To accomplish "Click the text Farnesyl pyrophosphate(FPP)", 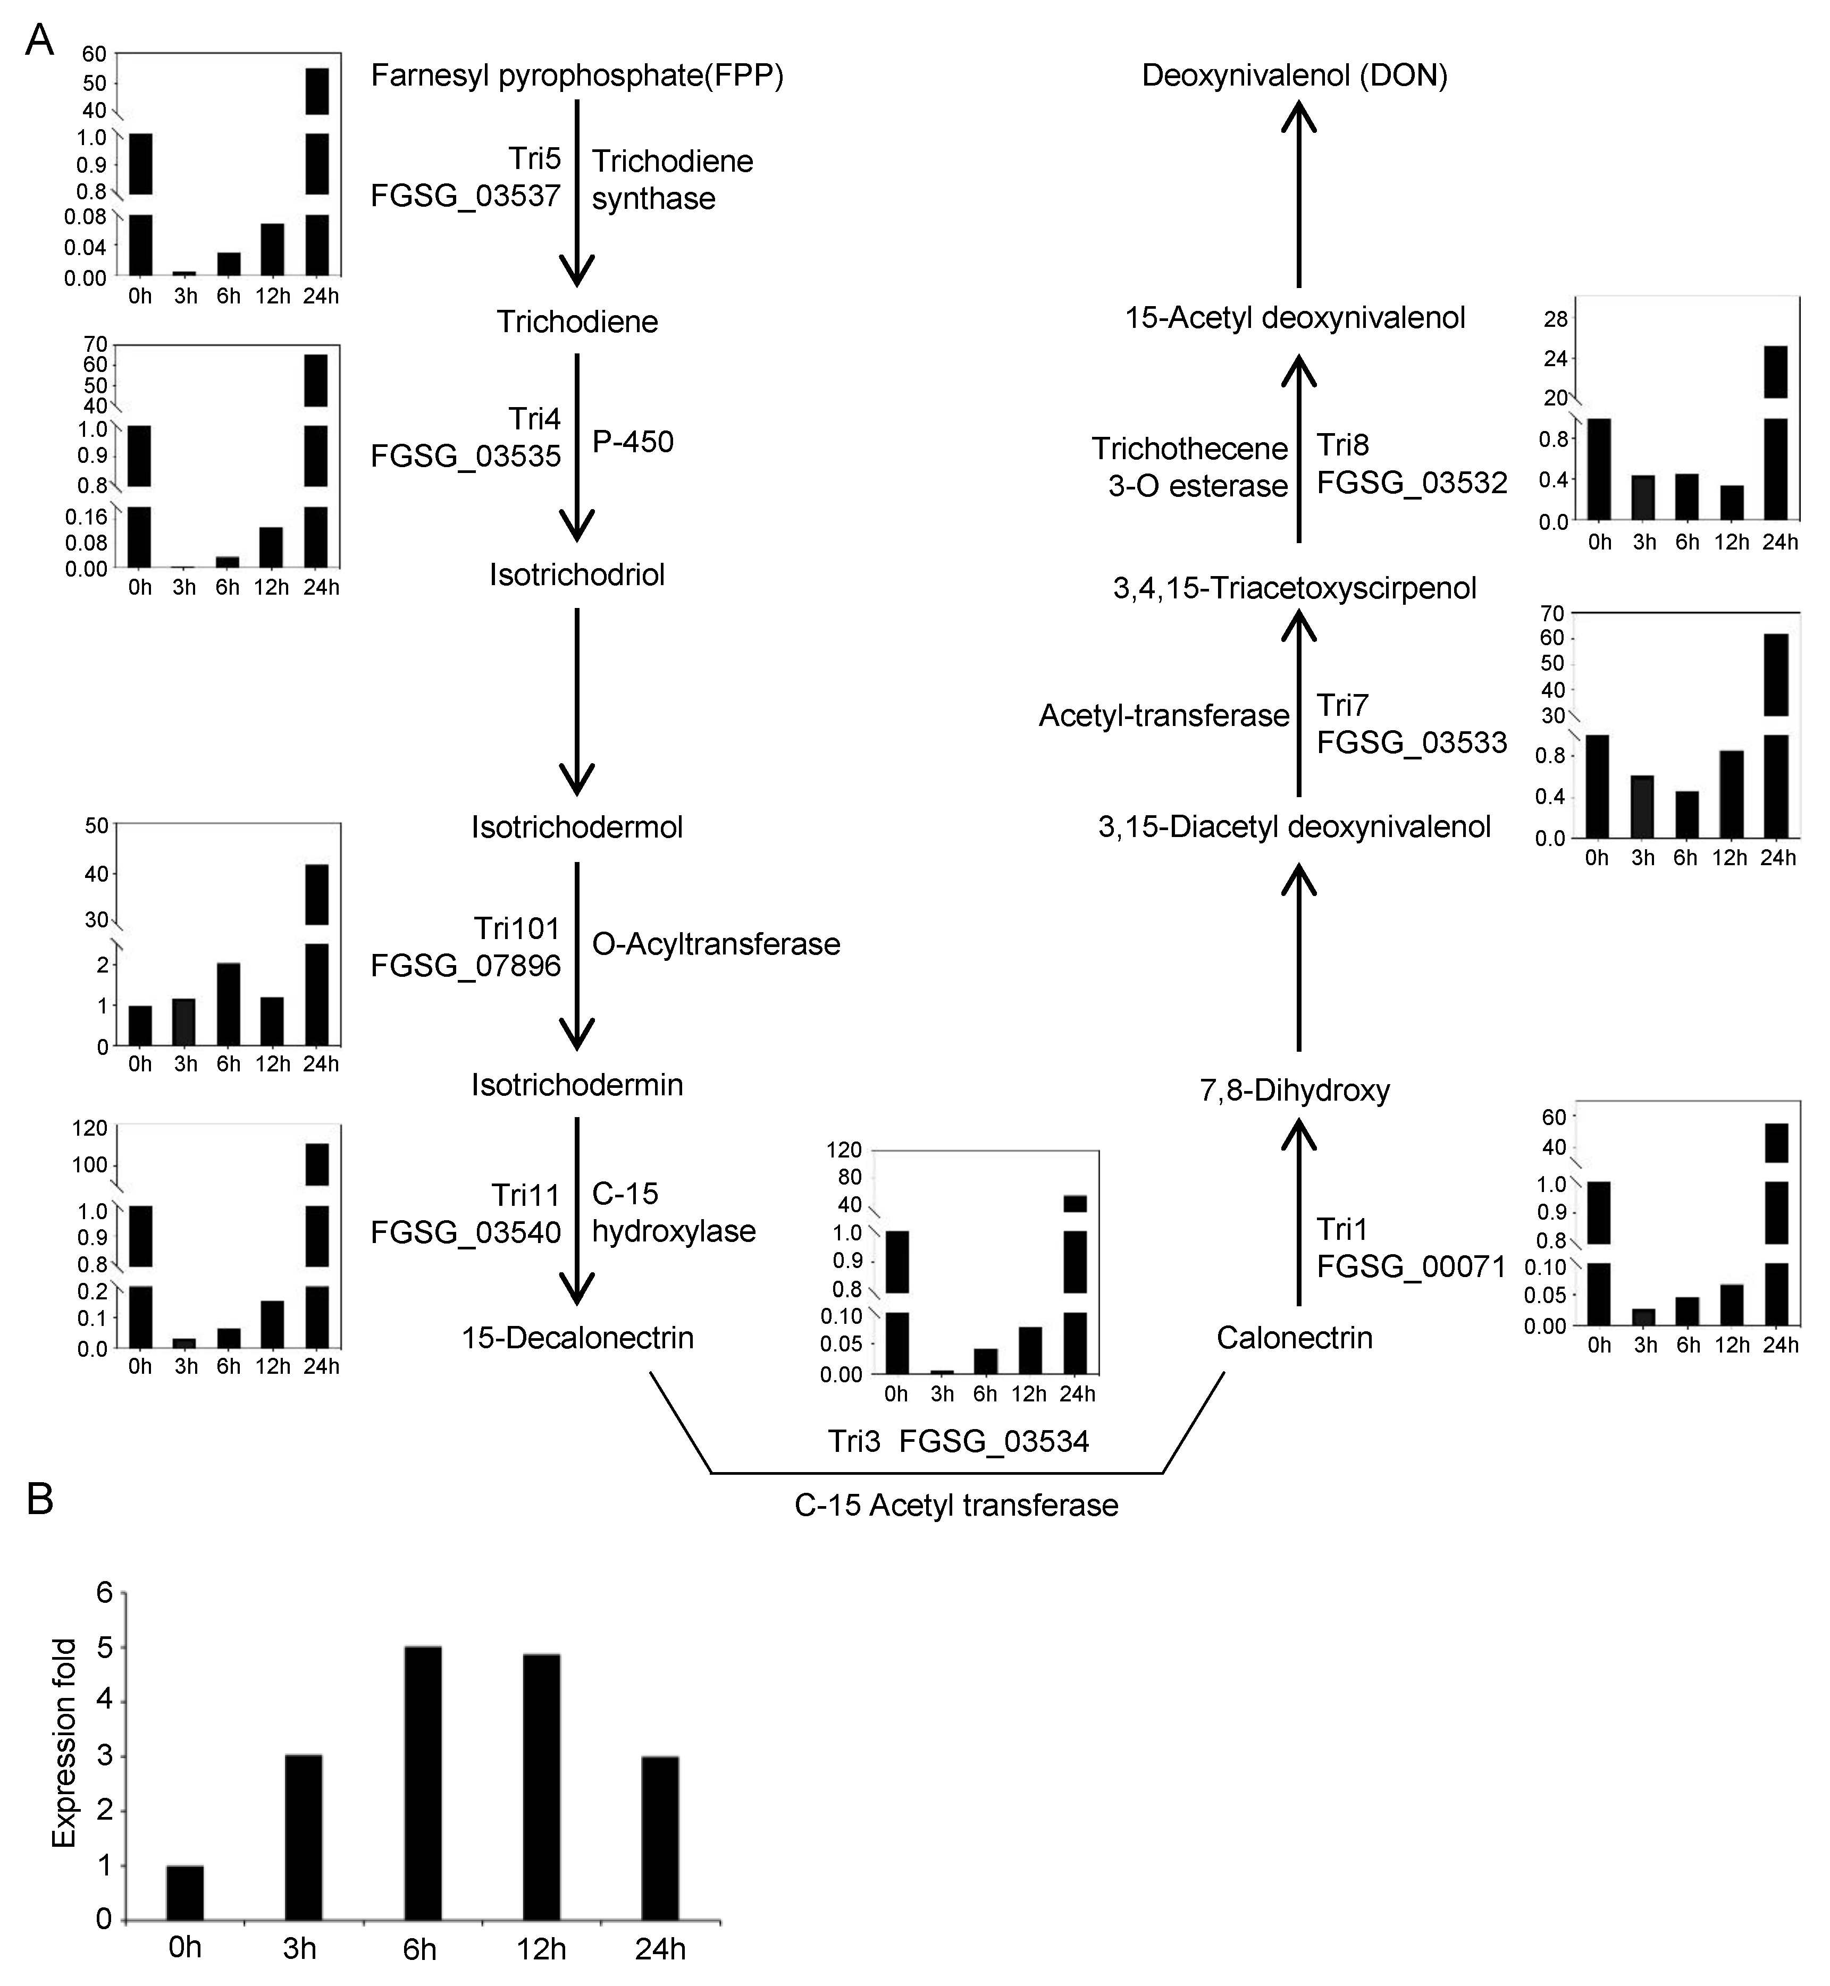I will pyautogui.click(x=577, y=76).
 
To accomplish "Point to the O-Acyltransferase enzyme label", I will pyautogui.click(x=716, y=944).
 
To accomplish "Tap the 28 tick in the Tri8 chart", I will pyautogui.click(x=1557, y=319).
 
